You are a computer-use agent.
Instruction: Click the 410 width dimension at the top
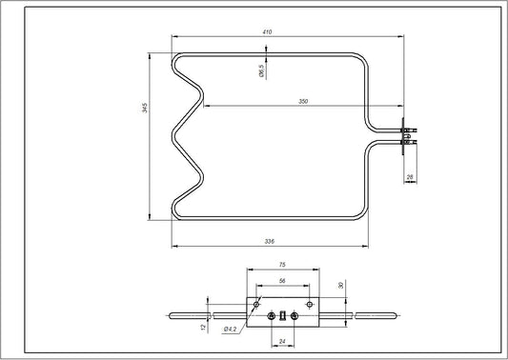267,33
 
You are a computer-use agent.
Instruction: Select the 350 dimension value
303,100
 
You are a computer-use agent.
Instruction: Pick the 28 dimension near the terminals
409,176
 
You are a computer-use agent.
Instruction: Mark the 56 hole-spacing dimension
283,282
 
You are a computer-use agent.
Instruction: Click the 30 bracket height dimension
339,284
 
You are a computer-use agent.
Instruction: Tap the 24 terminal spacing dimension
283,340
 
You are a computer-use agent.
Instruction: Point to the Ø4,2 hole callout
231,330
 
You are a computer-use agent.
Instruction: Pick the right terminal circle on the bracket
295,314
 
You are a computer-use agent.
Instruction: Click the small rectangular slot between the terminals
283,314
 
